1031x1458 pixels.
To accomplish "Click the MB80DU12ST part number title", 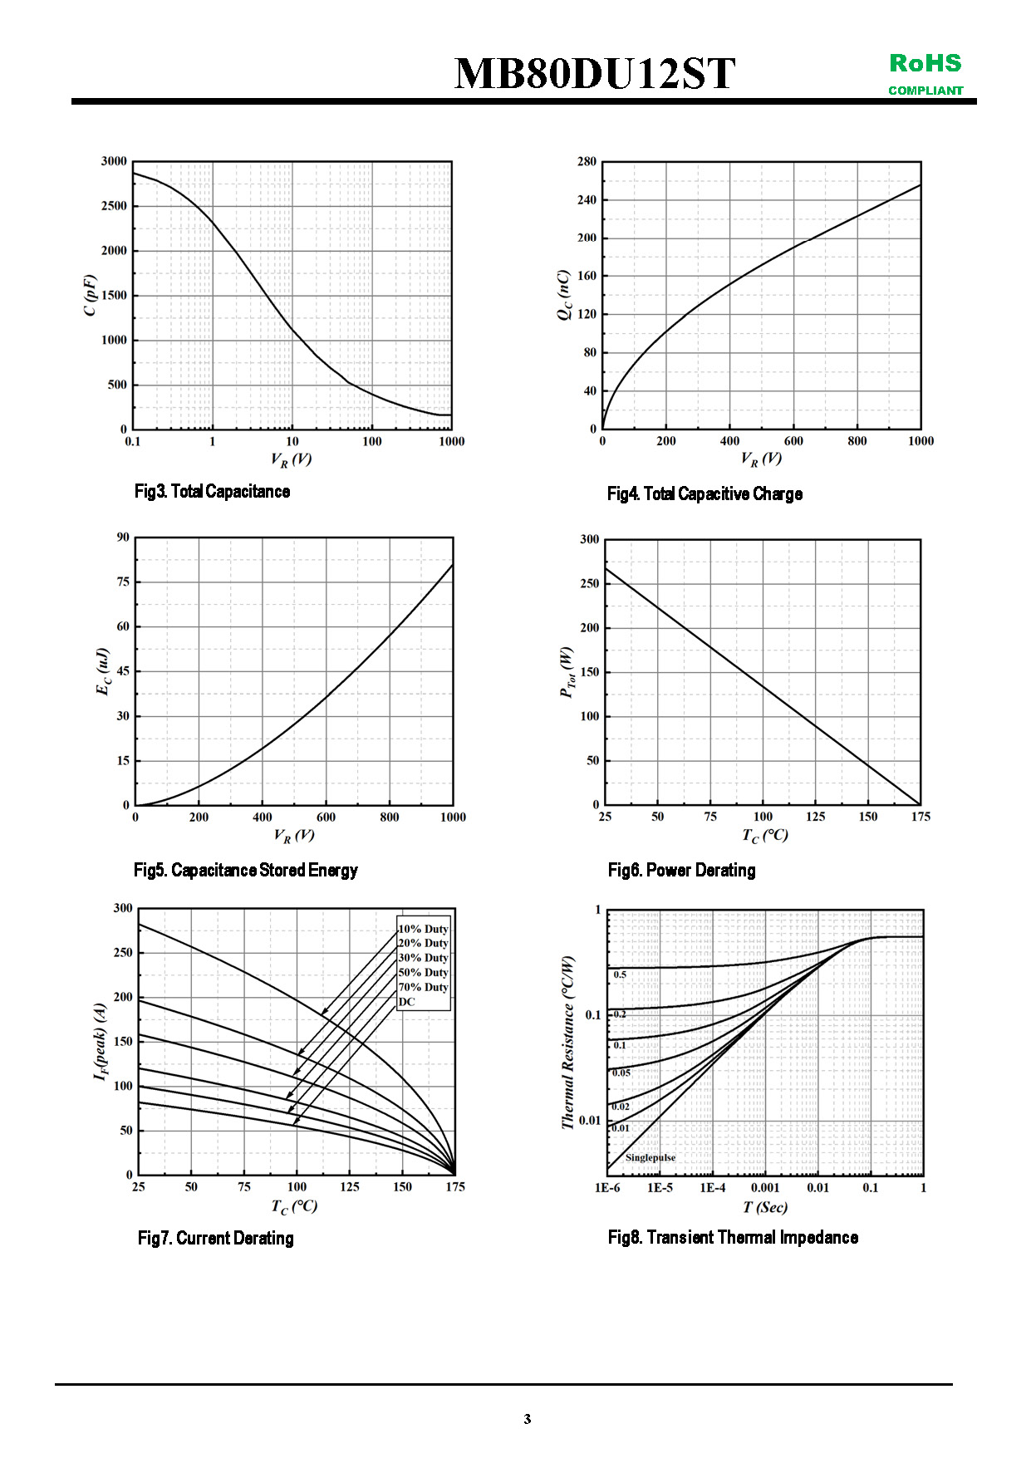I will [594, 73].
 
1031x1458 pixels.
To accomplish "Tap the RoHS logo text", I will [925, 63].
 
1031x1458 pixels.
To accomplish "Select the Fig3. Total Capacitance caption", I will [212, 492].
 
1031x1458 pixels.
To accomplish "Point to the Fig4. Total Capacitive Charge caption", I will [705, 494].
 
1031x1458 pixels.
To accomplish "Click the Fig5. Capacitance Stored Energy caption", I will [245, 871].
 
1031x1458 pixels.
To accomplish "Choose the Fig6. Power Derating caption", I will [681, 871].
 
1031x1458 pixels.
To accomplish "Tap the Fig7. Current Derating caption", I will [215, 1239].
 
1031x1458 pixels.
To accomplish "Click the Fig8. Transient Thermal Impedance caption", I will [733, 1238].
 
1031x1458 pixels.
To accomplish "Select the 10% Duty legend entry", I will [423, 929].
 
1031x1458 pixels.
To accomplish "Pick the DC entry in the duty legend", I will [406, 1002].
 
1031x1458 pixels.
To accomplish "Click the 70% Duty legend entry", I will [423, 987].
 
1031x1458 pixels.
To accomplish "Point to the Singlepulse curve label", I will [650, 1157].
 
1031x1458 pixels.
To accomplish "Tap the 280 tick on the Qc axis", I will [587, 162].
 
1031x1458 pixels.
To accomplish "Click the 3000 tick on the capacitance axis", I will [114, 161].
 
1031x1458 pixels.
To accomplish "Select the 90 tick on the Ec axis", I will [123, 538].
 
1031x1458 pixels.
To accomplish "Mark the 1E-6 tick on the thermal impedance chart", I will [607, 1188].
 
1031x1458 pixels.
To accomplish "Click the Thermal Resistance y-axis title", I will [568, 1042].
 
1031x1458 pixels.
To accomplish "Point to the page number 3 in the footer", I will [527, 1419].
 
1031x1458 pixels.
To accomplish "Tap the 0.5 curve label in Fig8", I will [620, 974].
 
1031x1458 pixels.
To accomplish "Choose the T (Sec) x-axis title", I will [764, 1207].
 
